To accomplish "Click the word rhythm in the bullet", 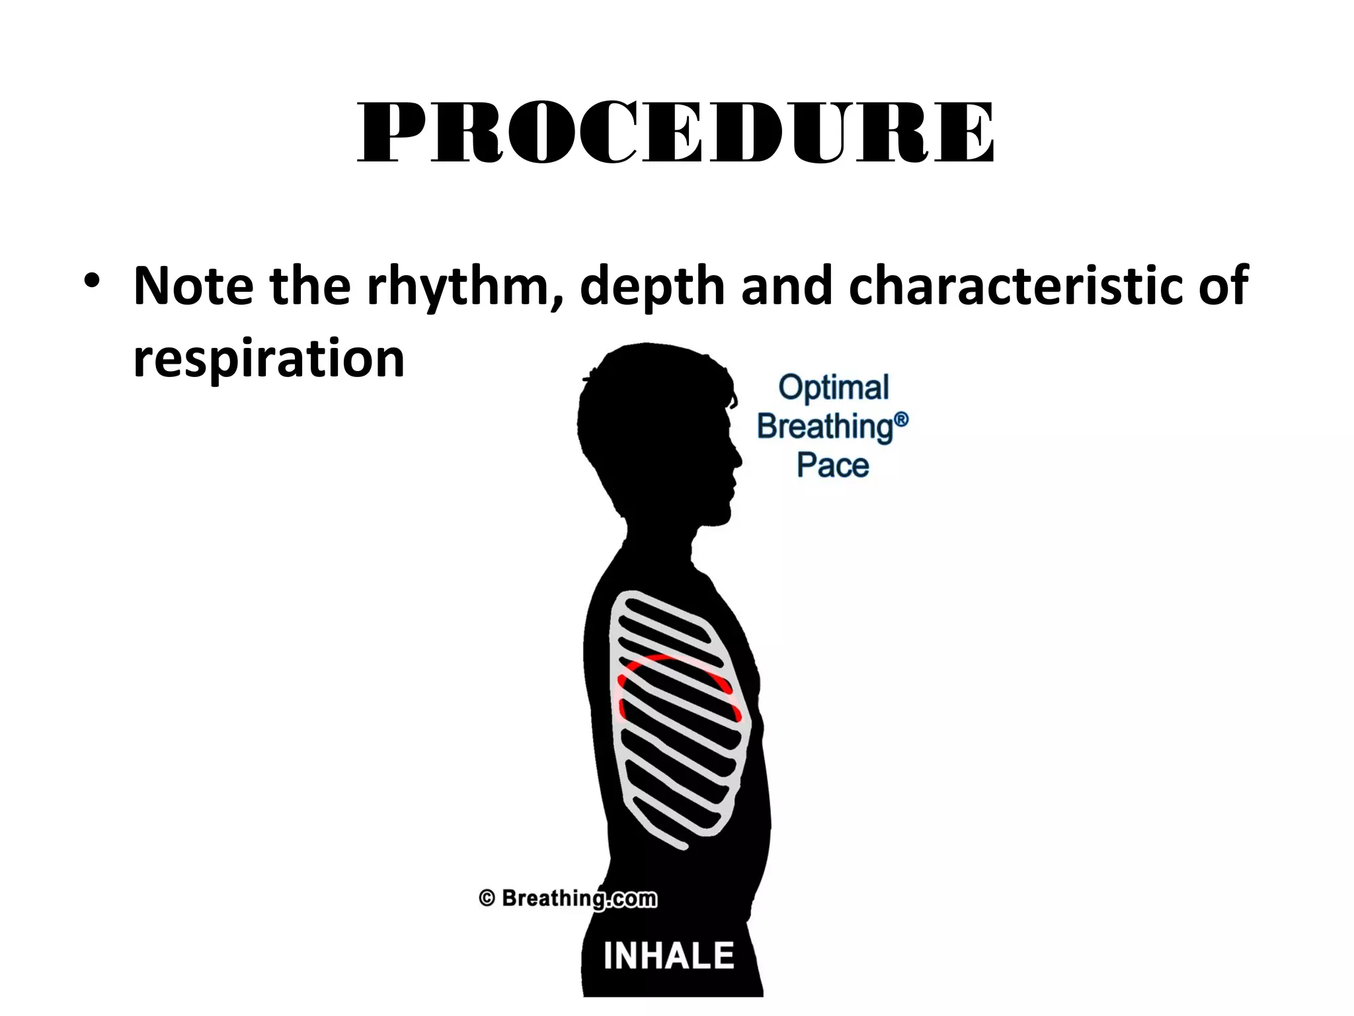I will (463, 287).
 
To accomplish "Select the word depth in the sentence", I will (652, 287).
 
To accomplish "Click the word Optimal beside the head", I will (833, 388).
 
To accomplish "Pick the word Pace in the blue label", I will (832, 465).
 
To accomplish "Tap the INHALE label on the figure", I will (668, 955).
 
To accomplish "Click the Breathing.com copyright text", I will (578, 898).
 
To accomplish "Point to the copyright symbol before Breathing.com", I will (487, 898).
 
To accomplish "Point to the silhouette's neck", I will (655, 536).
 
